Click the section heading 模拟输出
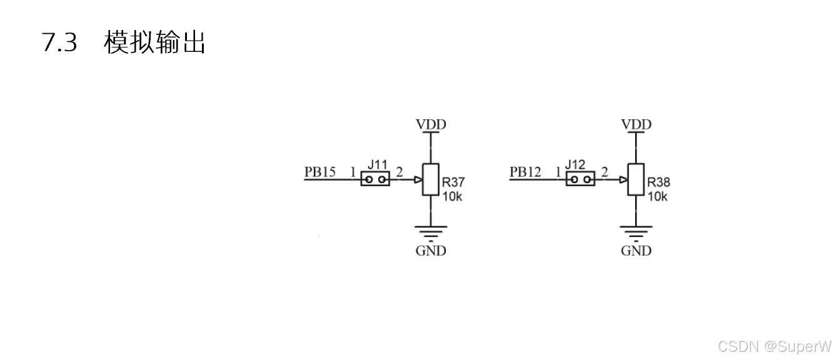(155, 42)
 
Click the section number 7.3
(59, 42)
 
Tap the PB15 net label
(320, 172)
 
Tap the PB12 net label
(525, 172)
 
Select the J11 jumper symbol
(375, 180)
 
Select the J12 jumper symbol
(580, 180)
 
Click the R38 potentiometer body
(636, 179)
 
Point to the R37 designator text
(453, 182)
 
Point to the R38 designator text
(658, 182)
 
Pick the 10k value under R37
(452, 196)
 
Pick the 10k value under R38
(657, 196)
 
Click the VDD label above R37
(431, 124)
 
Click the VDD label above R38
(636, 124)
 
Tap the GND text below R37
(431, 251)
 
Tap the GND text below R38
(636, 251)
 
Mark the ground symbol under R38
(636, 232)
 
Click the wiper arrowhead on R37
(418, 180)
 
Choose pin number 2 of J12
(604, 172)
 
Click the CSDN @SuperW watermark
(775, 346)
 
